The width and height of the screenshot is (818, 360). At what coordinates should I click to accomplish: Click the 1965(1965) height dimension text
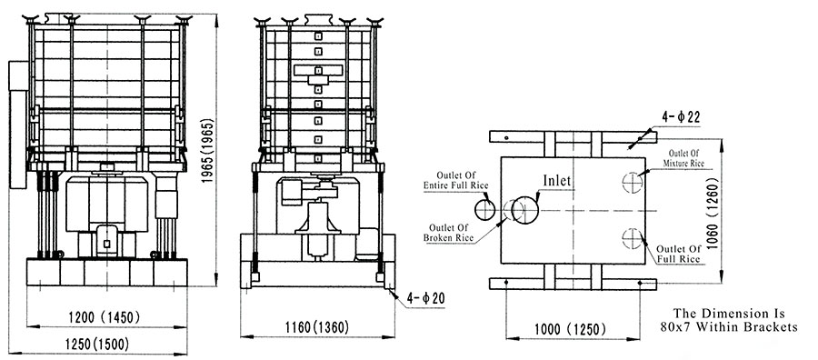point(209,151)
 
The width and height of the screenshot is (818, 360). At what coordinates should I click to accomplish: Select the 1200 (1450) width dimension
point(105,316)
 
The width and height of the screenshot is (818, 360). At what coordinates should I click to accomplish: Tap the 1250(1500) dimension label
point(96,345)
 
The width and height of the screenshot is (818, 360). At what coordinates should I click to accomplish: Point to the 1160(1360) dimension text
point(316,327)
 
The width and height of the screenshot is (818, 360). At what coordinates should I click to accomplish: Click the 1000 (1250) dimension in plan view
point(570,329)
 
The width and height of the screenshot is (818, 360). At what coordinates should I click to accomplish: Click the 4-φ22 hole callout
point(682,117)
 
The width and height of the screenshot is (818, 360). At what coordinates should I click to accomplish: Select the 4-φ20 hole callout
point(425,298)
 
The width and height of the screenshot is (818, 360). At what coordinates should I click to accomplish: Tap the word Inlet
point(557,181)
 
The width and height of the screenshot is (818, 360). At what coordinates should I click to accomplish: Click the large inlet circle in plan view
point(524,197)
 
